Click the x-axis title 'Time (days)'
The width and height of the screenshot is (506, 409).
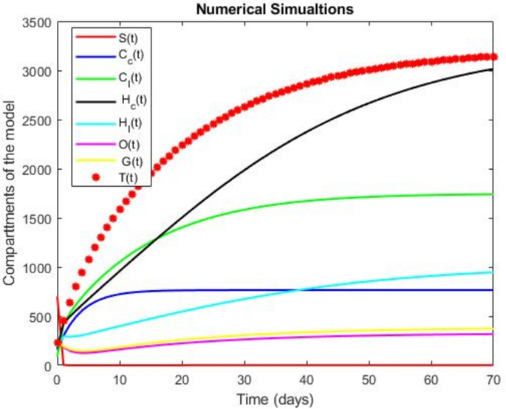point(276,399)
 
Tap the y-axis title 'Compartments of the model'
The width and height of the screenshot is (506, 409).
point(10,193)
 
